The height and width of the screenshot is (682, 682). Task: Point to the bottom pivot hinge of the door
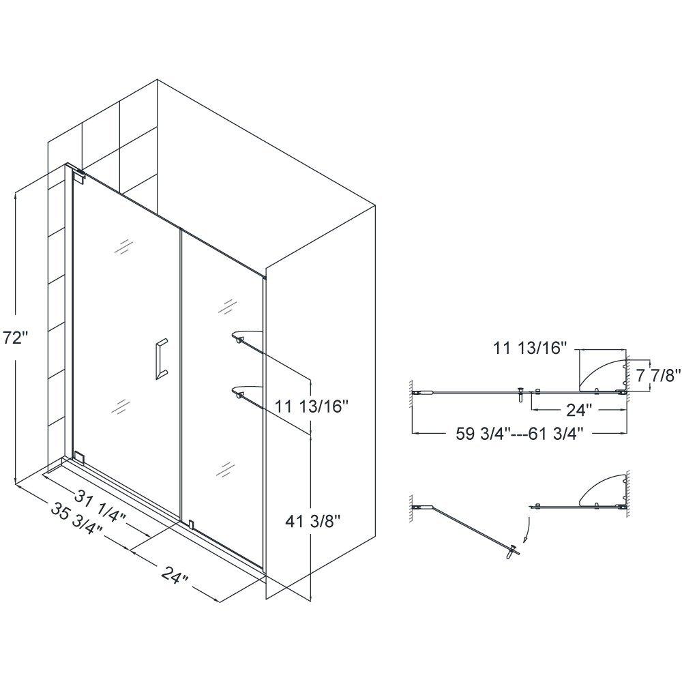(x=79, y=456)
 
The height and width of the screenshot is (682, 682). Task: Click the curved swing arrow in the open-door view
(x=526, y=529)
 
